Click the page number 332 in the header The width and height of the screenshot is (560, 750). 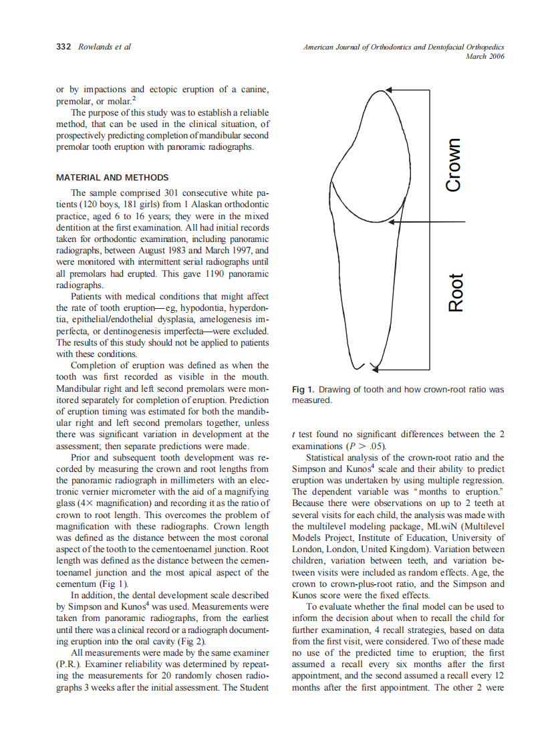coord(64,47)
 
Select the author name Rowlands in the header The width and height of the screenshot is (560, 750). coord(96,47)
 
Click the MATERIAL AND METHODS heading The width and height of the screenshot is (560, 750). coord(112,178)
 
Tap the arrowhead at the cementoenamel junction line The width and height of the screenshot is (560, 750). coord(394,221)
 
